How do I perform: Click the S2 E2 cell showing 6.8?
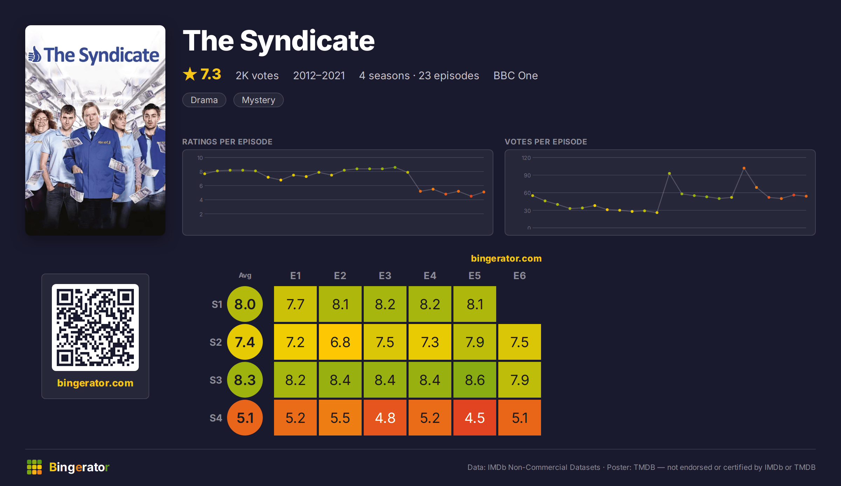click(x=340, y=342)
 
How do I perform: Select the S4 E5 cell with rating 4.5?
click(x=474, y=418)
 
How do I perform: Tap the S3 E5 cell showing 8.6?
click(x=474, y=380)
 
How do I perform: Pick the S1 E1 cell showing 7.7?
click(x=295, y=304)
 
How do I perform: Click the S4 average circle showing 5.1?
click(x=245, y=418)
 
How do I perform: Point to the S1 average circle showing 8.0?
click(x=245, y=304)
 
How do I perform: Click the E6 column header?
click(x=519, y=276)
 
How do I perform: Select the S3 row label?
click(x=216, y=380)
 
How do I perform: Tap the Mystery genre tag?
click(x=259, y=100)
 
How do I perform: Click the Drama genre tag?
click(x=204, y=100)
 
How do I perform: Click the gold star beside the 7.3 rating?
click(x=190, y=74)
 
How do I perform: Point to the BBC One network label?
click(x=515, y=75)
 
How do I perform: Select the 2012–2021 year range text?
click(x=319, y=75)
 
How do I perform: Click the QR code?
click(x=95, y=328)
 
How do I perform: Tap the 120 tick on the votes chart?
click(x=526, y=158)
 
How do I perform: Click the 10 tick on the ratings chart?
click(x=200, y=158)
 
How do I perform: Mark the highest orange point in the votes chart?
click(x=744, y=168)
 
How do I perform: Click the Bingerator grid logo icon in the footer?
click(x=34, y=467)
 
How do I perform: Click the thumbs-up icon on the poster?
click(x=35, y=55)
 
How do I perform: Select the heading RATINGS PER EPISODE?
click(x=227, y=142)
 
